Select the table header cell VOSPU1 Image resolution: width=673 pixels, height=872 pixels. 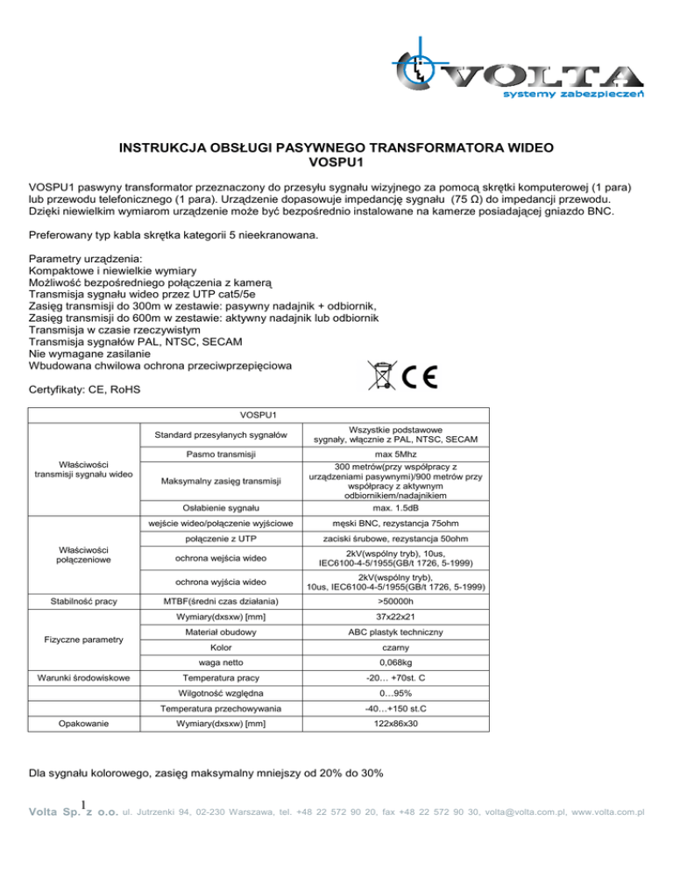[258, 415]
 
